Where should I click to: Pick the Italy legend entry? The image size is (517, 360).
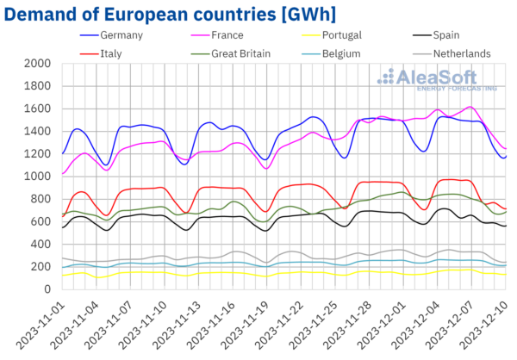pyautogui.click(x=114, y=53)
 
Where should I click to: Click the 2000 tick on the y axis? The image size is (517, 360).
pyautogui.click(x=37, y=64)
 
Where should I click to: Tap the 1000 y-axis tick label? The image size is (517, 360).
pyautogui.click(x=37, y=177)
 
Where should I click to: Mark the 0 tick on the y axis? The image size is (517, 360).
pyautogui.click(x=47, y=289)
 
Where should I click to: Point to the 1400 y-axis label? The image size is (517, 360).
pyautogui.click(x=37, y=131)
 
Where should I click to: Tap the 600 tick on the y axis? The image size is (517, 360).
pyautogui.click(x=41, y=221)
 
